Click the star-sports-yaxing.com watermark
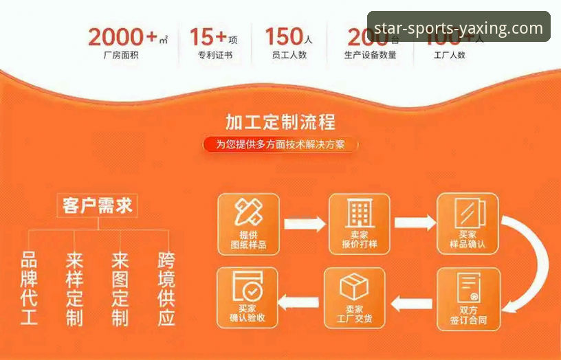coord(459,27)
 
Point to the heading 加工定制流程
coord(280,122)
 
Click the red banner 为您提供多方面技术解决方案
coord(280,144)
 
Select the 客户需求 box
coord(98,205)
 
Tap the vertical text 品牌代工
coord(29,289)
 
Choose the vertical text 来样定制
coord(74,289)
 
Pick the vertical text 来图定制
coord(120,289)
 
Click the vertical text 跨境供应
coord(166,289)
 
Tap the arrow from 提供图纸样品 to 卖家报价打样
coord(304,223)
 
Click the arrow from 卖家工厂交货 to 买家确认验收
coord(300,302)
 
